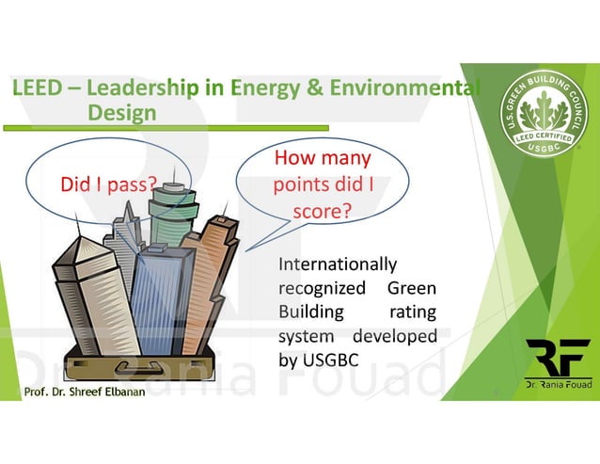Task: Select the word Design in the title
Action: (x=121, y=113)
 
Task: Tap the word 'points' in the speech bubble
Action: (x=299, y=184)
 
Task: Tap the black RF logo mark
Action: (x=558, y=357)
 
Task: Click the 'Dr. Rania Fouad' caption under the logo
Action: (x=558, y=385)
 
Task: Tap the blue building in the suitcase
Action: (x=160, y=292)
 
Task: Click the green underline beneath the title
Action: (x=169, y=126)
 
